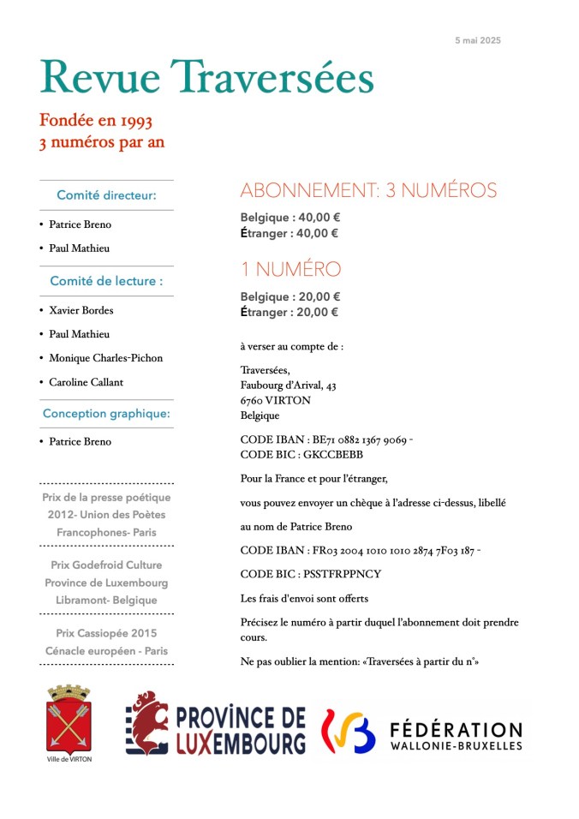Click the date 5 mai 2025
(478, 40)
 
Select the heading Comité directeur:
(106, 195)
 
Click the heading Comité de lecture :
(106, 281)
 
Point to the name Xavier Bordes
(81, 310)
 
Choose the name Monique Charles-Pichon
(105, 358)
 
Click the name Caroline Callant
(86, 382)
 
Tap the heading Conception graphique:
(106, 414)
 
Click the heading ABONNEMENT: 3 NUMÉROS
(368, 190)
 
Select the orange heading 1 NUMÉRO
(290, 269)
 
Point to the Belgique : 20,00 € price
(290, 297)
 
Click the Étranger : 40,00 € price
(289, 233)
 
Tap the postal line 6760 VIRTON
(276, 400)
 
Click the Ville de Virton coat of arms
(69, 720)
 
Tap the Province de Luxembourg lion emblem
(146, 722)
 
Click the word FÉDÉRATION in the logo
(456, 730)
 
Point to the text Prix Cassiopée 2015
(106, 633)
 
